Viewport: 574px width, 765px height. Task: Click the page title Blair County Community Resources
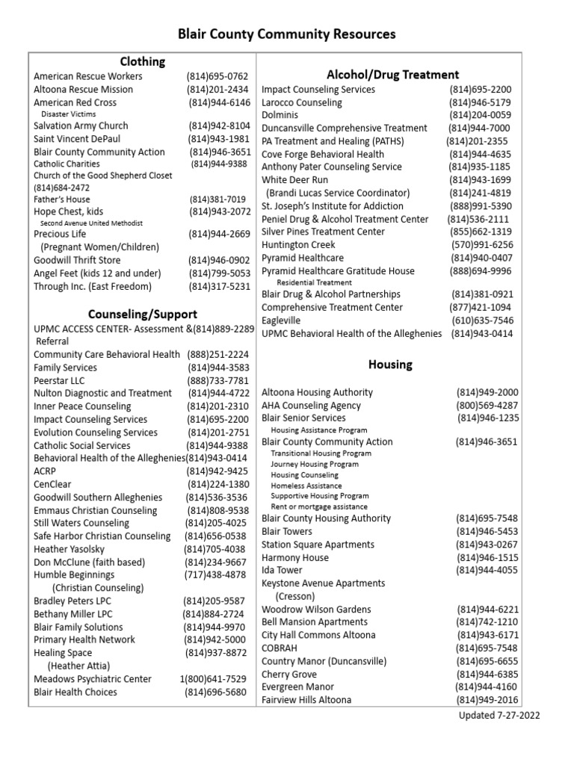tap(286, 34)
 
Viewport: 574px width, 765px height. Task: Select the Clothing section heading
tap(143, 61)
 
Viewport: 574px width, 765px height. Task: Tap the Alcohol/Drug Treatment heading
tap(392, 74)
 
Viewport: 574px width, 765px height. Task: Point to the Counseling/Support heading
tap(143, 314)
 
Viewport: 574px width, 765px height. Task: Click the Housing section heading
tap(390, 365)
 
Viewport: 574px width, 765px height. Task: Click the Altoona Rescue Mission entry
tap(83, 90)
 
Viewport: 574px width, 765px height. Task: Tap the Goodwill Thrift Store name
tap(77, 260)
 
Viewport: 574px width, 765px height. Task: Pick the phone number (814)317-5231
tap(219, 286)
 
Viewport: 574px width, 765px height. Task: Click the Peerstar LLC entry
tap(59, 380)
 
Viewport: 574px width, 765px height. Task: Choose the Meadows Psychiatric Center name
tap(93, 679)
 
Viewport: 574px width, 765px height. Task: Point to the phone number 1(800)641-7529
tap(212, 679)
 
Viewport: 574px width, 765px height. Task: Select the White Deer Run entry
tap(294, 180)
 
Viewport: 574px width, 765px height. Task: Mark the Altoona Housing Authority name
tap(317, 392)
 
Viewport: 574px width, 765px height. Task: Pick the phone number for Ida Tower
tap(487, 570)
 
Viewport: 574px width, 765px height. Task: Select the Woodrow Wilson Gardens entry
tap(317, 609)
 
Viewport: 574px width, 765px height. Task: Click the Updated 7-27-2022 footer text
tap(499, 715)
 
